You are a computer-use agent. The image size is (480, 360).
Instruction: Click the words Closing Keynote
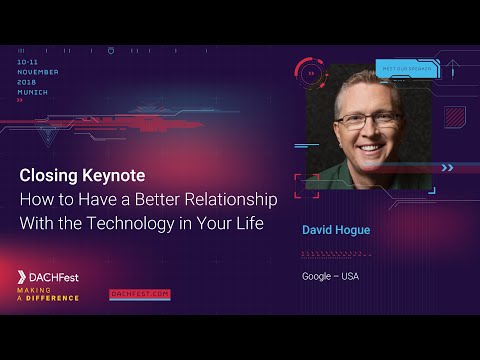pyautogui.click(x=82, y=175)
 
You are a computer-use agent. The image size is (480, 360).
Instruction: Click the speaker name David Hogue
pyautogui.click(x=336, y=230)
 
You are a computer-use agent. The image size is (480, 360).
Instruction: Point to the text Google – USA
pyautogui.click(x=331, y=276)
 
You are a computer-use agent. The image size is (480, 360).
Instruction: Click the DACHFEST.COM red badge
pyautogui.click(x=140, y=294)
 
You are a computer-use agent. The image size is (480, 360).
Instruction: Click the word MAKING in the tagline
pyautogui.click(x=34, y=290)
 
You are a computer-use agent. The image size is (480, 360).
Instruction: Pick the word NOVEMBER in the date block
pyautogui.click(x=38, y=72)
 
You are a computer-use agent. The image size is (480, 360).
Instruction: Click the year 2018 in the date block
pyautogui.click(x=27, y=81)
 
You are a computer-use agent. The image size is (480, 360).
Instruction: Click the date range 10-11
pyautogui.click(x=28, y=62)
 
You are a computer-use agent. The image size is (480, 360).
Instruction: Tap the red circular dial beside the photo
pyautogui.click(x=311, y=73)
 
